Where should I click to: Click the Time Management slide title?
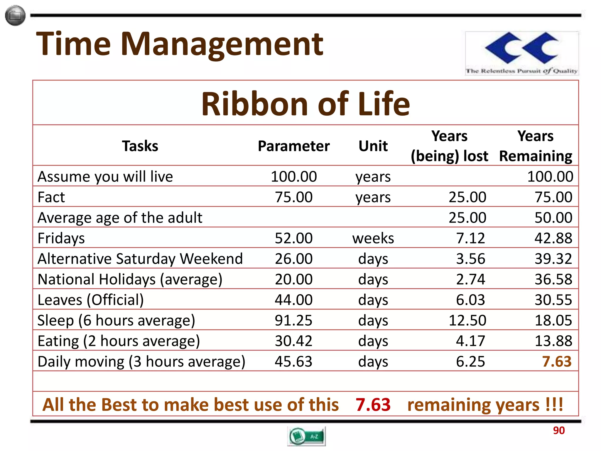179,44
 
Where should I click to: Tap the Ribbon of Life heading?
305,104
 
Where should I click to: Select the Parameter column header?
293,146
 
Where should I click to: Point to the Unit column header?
373,146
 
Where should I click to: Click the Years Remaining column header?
536,146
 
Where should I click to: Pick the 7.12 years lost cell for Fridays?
470,238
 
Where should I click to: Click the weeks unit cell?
373,238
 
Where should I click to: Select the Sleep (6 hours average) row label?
116,320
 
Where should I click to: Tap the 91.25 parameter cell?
293,320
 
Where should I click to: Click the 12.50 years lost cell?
467,320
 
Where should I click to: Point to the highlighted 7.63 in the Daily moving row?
557,361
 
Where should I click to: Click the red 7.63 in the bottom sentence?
373,405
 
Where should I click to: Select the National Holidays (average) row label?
130,279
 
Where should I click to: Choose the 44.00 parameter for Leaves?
293,299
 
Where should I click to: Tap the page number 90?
559,430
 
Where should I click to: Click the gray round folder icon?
15,16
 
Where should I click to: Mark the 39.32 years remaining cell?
553,258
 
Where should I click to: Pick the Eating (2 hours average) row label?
119,341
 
